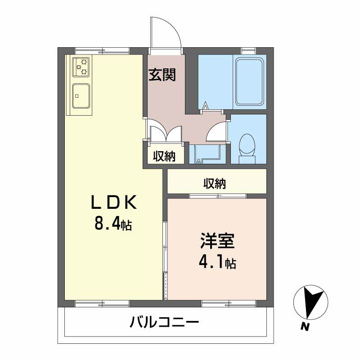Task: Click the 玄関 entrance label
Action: click(x=163, y=75)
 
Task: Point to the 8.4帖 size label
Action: click(x=113, y=223)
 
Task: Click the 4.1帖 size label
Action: click(x=218, y=262)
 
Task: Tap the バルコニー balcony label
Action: click(x=165, y=322)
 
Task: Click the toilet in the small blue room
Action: click(x=247, y=148)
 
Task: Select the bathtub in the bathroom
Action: click(x=249, y=82)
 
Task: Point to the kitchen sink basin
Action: click(x=81, y=95)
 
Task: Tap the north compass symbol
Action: click(x=310, y=302)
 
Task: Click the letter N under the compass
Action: click(x=306, y=327)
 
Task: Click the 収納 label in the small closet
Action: click(x=164, y=157)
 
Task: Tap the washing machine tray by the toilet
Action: click(x=207, y=153)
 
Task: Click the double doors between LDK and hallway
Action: click(x=165, y=133)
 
